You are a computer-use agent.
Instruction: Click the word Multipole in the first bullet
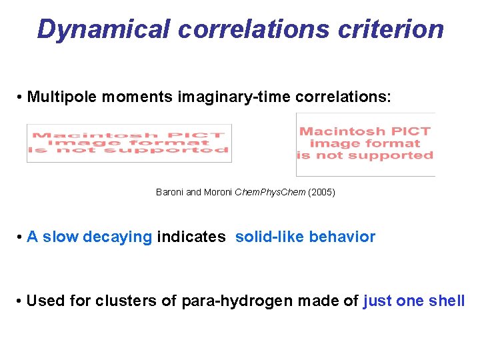pos(65,97)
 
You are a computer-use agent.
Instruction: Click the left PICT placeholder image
pos(129,143)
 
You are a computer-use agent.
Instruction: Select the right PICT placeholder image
pos(365,144)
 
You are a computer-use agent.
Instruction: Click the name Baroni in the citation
pos(170,193)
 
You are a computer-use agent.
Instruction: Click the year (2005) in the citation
pos(322,193)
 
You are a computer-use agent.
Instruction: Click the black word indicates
pos(191,237)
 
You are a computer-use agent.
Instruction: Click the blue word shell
pos(447,301)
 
